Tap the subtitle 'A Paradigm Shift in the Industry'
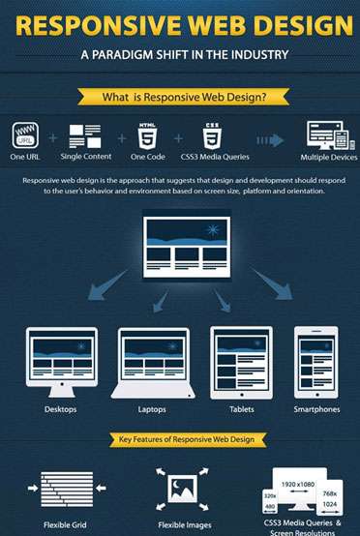click(179, 54)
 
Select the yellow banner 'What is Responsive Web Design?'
click(179, 97)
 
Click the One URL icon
click(24, 134)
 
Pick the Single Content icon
click(85, 134)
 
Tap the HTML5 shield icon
click(148, 134)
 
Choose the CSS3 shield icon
click(211, 134)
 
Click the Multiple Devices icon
click(326, 134)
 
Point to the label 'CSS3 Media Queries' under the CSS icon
click(212, 157)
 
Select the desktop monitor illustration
click(61, 359)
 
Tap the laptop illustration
click(152, 361)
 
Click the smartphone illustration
click(316, 361)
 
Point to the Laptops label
click(152, 409)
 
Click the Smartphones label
click(316, 409)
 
